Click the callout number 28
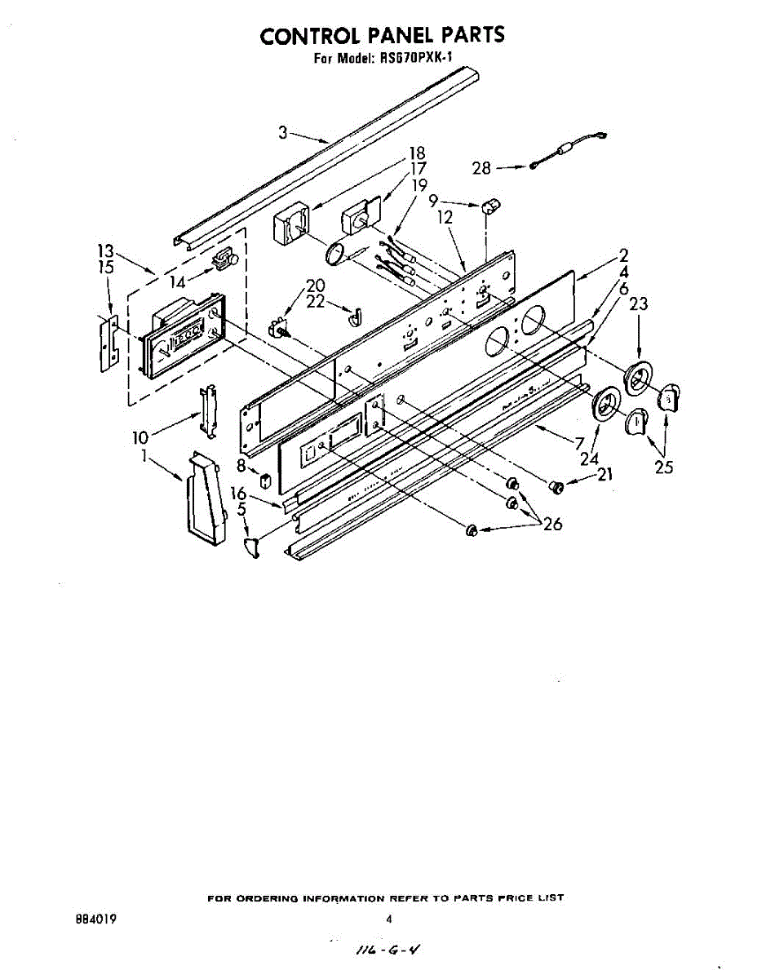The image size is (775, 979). [482, 168]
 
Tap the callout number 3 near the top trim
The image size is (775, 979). [283, 132]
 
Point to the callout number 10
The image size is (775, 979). [139, 438]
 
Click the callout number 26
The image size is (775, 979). [552, 524]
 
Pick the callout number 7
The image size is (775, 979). [579, 445]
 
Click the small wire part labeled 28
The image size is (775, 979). [568, 152]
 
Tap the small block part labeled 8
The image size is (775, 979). [264, 479]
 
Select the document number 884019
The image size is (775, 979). [95, 919]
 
